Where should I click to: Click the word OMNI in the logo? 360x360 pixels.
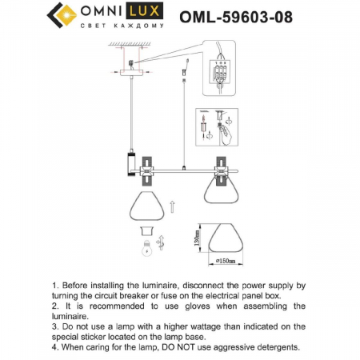[x=102, y=13]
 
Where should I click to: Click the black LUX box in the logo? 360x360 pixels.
[x=142, y=13]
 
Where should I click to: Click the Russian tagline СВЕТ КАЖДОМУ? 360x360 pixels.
[x=121, y=28]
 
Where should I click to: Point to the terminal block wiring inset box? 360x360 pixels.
[x=225, y=77]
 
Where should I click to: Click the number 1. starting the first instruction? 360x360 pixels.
[x=56, y=285]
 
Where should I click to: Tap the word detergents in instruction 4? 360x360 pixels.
[x=270, y=347]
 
